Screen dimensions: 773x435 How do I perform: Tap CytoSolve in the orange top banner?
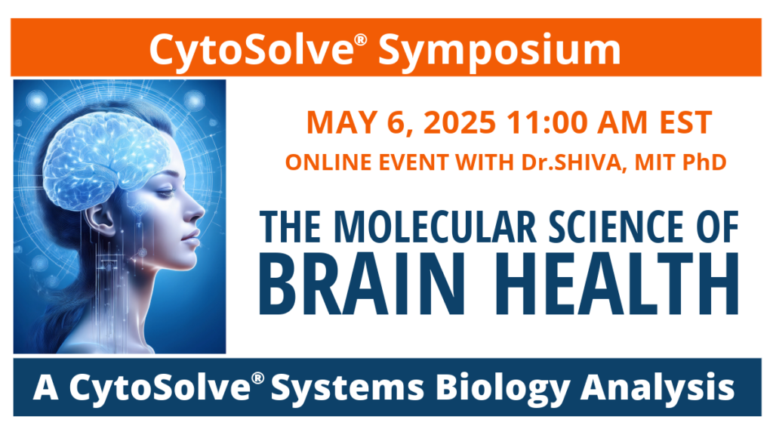pos(251,51)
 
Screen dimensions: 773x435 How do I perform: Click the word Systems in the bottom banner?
pos(347,387)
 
